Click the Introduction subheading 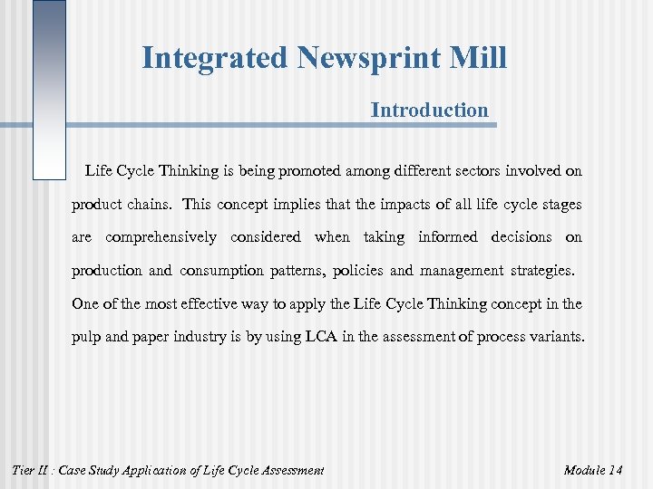(429, 110)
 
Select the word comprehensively (161, 237)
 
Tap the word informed (447, 237)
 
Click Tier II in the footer (27, 470)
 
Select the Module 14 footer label (592, 470)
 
